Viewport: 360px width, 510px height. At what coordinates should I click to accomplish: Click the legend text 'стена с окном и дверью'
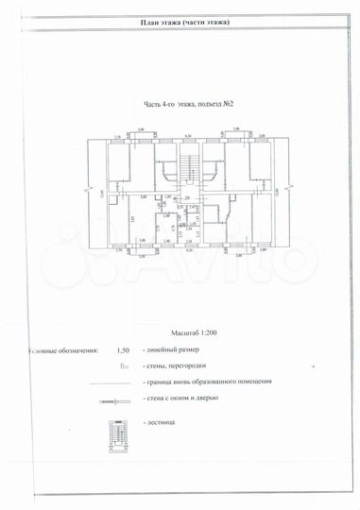point(181,398)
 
